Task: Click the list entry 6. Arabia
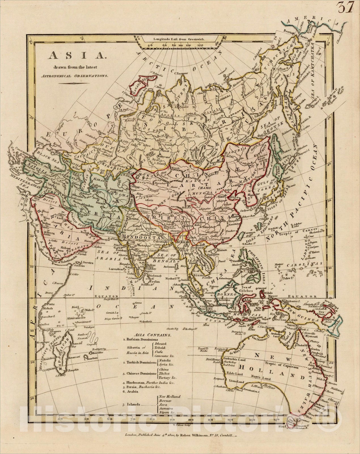[x=130, y=392]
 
